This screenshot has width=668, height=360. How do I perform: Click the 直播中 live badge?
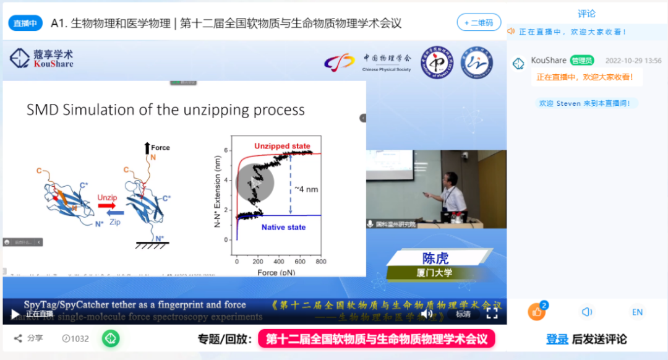point(25,24)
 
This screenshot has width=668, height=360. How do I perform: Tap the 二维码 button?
point(479,22)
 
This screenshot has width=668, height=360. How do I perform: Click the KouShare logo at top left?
point(41,58)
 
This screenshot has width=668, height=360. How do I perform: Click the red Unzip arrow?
point(107,205)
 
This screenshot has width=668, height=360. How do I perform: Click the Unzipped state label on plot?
point(282,146)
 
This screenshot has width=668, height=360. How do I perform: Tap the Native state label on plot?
point(283,227)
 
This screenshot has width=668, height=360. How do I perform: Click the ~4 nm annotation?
point(306,189)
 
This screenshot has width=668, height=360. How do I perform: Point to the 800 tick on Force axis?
point(319,262)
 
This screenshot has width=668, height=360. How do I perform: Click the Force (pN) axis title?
point(278,272)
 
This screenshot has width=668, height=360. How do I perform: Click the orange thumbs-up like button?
point(536,312)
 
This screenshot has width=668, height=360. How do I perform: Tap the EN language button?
point(637,312)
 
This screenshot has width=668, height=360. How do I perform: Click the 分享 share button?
point(28,338)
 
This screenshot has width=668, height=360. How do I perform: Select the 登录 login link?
point(557,339)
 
